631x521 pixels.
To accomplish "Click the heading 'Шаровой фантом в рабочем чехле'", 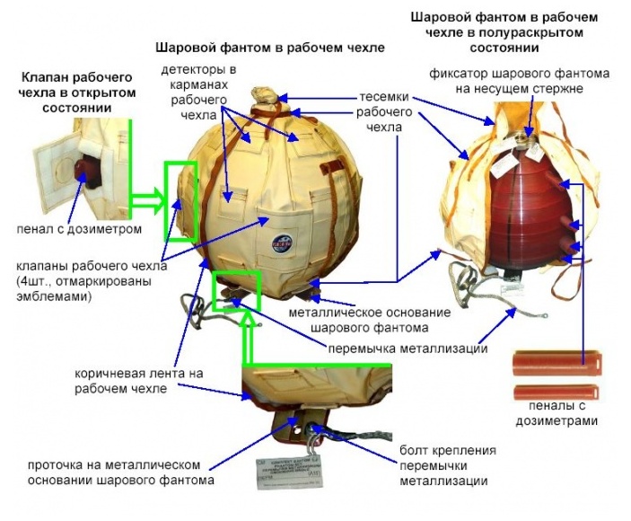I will click(270, 47).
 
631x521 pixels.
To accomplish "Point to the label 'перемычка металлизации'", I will click(408, 348).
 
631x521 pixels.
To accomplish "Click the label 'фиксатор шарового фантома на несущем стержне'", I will click(519, 81).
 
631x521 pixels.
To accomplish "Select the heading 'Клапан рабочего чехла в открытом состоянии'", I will click(66, 93).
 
